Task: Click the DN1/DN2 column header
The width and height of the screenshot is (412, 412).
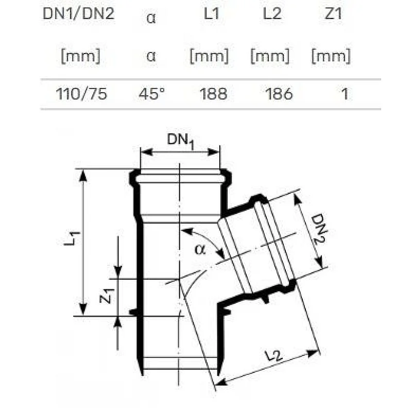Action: pyautogui.click(x=79, y=14)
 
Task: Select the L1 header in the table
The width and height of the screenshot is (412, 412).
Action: pyautogui.click(x=212, y=14)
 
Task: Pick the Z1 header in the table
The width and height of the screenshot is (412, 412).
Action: pyautogui.click(x=333, y=14)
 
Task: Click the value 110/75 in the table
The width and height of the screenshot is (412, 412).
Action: pyautogui.click(x=81, y=94)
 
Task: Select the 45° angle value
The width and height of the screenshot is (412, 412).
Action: pyautogui.click(x=151, y=94)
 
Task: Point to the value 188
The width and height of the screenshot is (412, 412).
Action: pyautogui.click(x=213, y=94)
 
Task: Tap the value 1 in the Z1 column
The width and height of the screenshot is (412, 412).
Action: pyautogui.click(x=345, y=94)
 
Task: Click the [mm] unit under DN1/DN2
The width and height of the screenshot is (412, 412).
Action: pyautogui.click(x=80, y=56)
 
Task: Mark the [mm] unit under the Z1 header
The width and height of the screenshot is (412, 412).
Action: pyautogui.click(x=331, y=56)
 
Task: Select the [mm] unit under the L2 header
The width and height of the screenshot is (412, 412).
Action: pyautogui.click(x=270, y=56)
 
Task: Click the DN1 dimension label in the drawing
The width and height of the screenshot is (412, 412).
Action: pyautogui.click(x=180, y=141)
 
